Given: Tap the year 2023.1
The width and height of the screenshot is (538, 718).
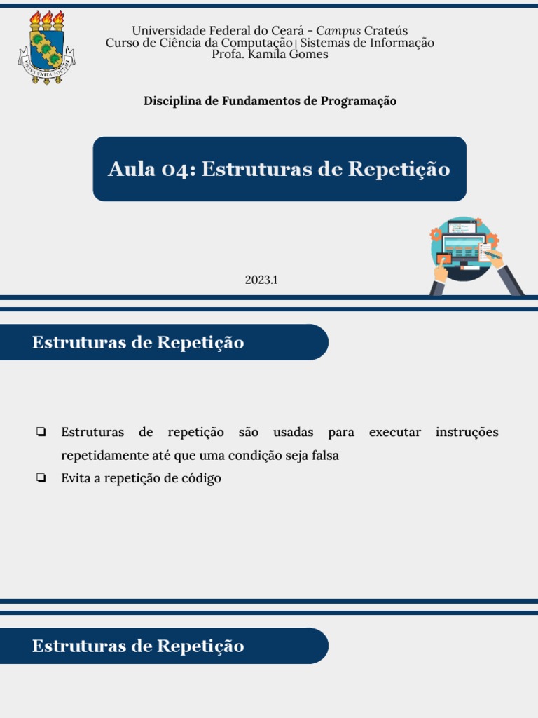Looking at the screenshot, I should pos(261,280).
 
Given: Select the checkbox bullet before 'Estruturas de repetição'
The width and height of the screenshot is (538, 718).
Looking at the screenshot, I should pos(41,433).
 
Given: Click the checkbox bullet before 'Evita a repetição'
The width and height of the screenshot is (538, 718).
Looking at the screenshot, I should pos(41,479).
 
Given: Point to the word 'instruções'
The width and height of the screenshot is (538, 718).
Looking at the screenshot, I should pos(467,432).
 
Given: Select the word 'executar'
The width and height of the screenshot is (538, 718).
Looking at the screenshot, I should pos(394,432).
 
